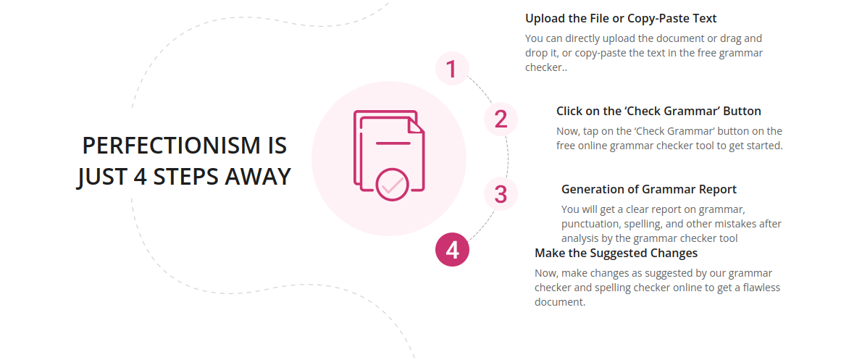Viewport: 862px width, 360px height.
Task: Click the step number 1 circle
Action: coord(452,69)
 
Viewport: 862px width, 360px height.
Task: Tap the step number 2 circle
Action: coord(501,119)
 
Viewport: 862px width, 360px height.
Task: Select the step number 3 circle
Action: coord(501,194)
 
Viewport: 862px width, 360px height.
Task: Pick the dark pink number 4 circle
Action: coord(452,250)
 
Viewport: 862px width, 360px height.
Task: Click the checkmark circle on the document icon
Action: coord(393,185)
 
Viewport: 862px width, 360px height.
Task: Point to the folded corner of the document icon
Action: coord(416,126)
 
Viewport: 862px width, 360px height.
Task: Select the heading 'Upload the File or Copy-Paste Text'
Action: coord(621,18)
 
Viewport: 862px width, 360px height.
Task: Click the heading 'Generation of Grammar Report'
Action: coord(648,189)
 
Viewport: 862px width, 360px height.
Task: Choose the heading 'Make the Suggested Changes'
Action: coord(616,253)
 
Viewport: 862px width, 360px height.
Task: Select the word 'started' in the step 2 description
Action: coord(763,145)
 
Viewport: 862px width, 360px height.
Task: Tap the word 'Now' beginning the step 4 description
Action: coord(545,273)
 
